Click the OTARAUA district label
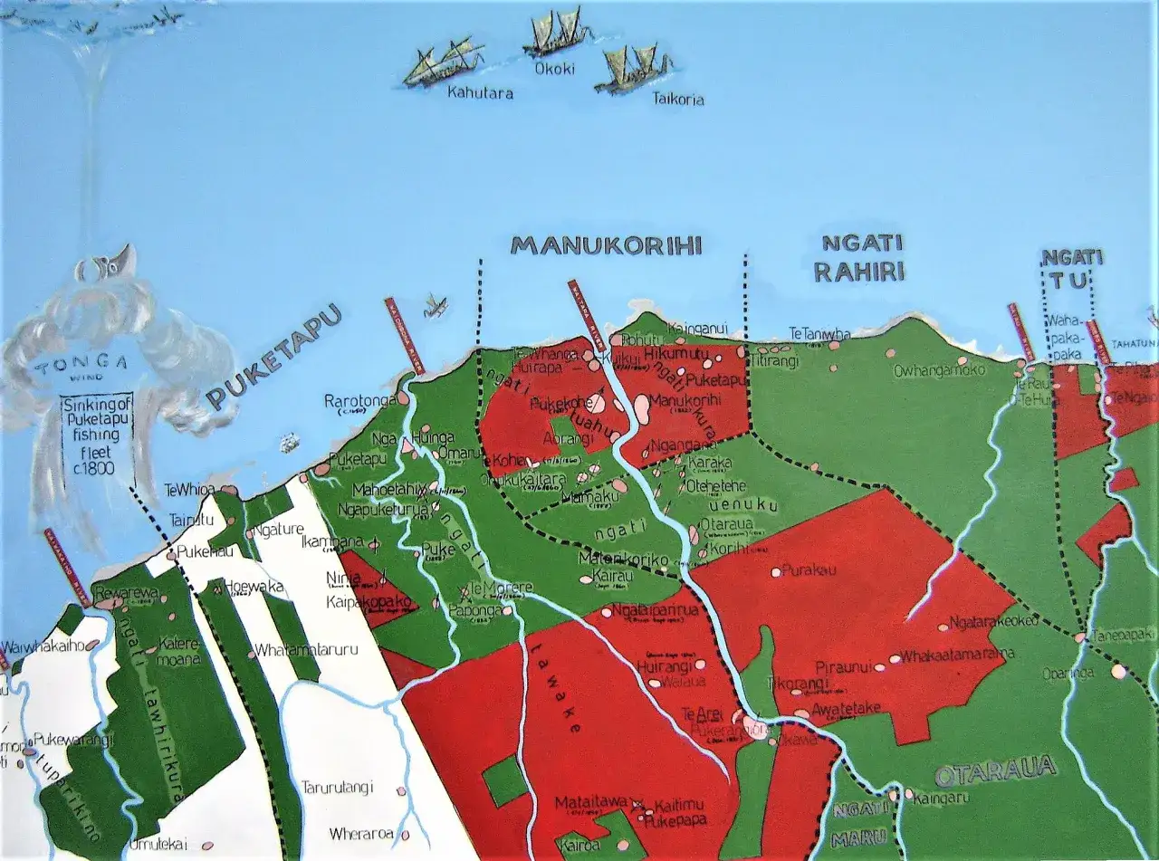tap(996, 772)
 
